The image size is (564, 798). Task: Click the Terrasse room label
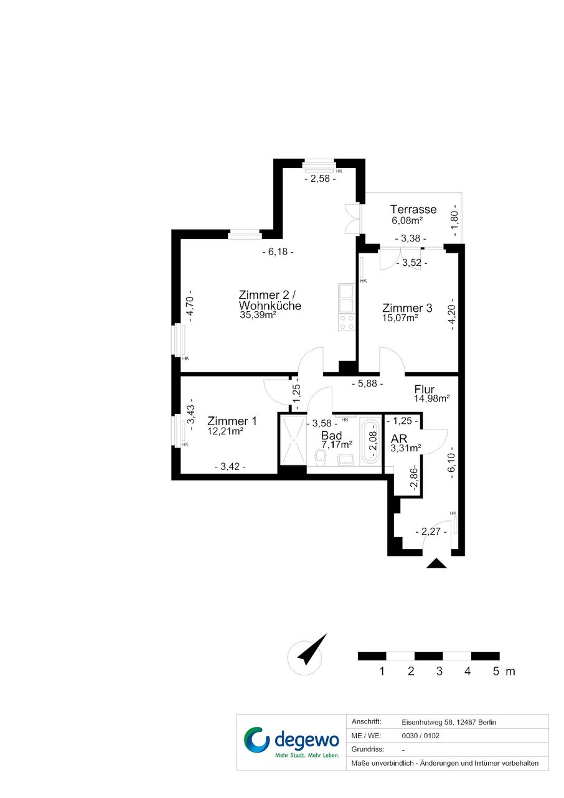click(x=413, y=209)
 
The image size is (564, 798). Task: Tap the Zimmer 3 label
click(x=407, y=307)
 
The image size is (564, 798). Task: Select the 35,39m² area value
click(x=258, y=315)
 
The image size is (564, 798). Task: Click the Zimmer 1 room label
click(x=232, y=421)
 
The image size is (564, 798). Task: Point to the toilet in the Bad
click(x=321, y=458)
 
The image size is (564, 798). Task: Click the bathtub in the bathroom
click(x=370, y=443)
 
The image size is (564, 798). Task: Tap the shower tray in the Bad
click(x=293, y=440)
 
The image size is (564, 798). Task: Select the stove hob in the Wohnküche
click(x=347, y=322)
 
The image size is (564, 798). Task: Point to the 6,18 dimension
click(x=278, y=252)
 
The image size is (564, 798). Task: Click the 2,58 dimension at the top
click(x=320, y=179)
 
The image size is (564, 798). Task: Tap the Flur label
click(x=424, y=390)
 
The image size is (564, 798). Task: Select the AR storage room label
click(x=398, y=439)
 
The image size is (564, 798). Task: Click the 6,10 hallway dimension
click(x=451, y=462)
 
